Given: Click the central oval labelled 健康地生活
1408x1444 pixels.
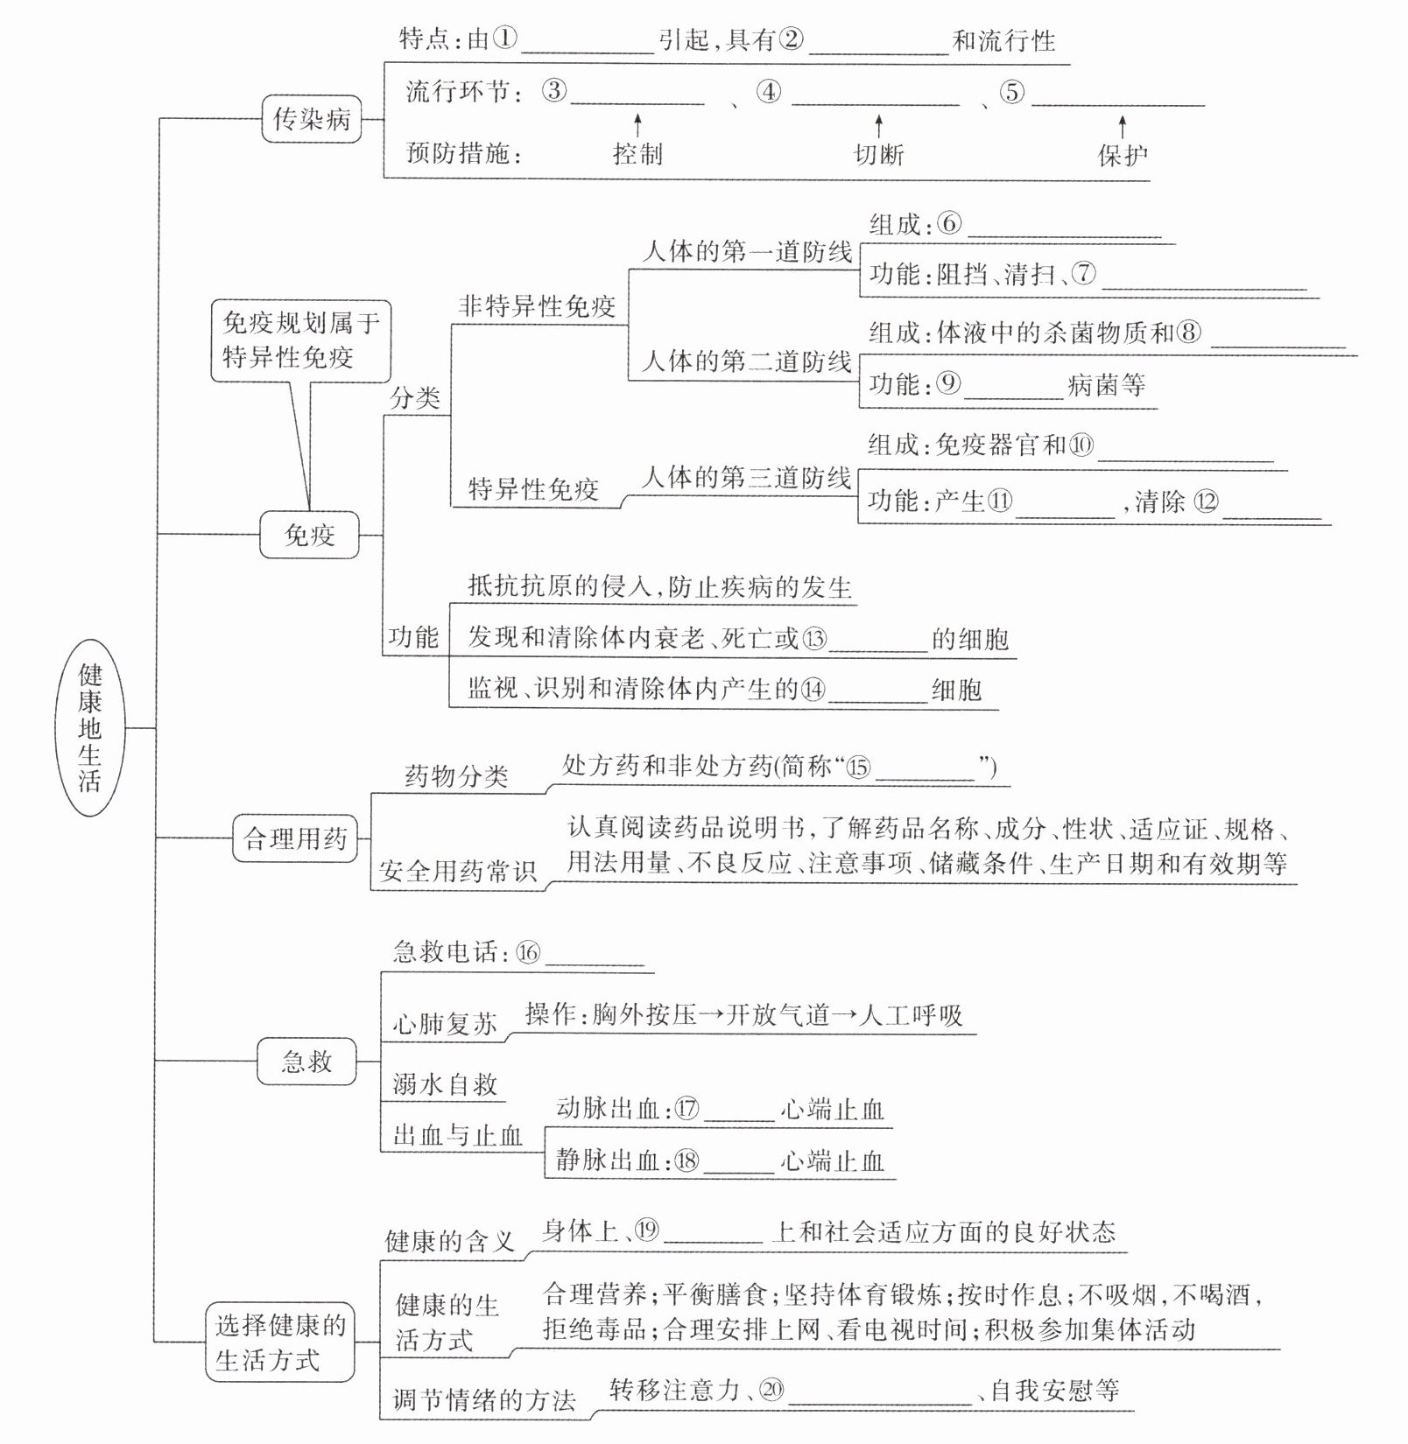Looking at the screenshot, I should (x=90, y=726).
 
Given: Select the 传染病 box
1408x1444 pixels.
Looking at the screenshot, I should (x=312, y=119).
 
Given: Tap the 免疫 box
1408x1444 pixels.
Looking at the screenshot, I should (x=309, y=534).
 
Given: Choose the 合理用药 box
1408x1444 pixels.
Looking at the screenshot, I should (x=295, y=838).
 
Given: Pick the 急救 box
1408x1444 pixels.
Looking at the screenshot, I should (x=306, y=1062).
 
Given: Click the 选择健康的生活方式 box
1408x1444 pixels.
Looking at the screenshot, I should (x=280, y=1342).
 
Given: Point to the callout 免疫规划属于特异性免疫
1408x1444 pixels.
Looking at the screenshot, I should (x=300, y=340).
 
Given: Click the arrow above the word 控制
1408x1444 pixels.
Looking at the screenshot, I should (x=637, y=124).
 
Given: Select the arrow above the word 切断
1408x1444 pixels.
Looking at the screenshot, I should (x=878, y=124).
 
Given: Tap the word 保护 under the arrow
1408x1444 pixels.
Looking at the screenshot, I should (x=1123, y=155).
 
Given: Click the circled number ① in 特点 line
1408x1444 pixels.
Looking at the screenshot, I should (x=505, y=39).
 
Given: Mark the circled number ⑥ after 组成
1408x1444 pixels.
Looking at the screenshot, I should (x=949, y=224).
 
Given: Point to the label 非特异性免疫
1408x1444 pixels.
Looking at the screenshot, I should (x=537, y=306).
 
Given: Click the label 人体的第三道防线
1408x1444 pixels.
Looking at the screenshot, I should (x=746, y=478).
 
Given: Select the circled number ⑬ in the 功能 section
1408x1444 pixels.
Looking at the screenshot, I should (x=814, y=639).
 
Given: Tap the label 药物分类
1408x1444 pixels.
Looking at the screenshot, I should (x=456, y=776).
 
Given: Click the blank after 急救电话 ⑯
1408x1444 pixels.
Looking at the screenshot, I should (x=595, y=956).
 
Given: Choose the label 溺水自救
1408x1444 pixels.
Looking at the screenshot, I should (x=445, y=1085).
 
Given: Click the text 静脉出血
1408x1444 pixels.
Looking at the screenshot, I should (x=608, y=1160).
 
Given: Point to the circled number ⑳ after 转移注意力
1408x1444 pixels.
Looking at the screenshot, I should (x=771, y=1390).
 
